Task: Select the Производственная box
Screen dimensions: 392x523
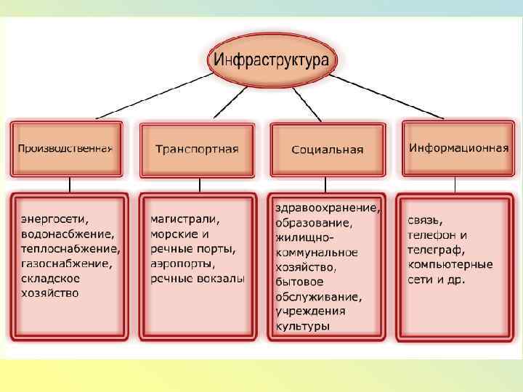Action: coord(66,149)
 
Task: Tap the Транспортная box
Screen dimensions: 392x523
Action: coord(196,150)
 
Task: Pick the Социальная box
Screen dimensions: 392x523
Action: coord(327,150)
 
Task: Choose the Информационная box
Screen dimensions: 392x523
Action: coord(458,148)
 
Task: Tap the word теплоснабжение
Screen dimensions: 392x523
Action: coord(70,248)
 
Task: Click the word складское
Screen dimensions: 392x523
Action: coord(50,278)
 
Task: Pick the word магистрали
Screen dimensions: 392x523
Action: coord(185,218)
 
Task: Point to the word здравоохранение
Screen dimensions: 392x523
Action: coord(327,208)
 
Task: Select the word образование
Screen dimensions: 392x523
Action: coord(313,223)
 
